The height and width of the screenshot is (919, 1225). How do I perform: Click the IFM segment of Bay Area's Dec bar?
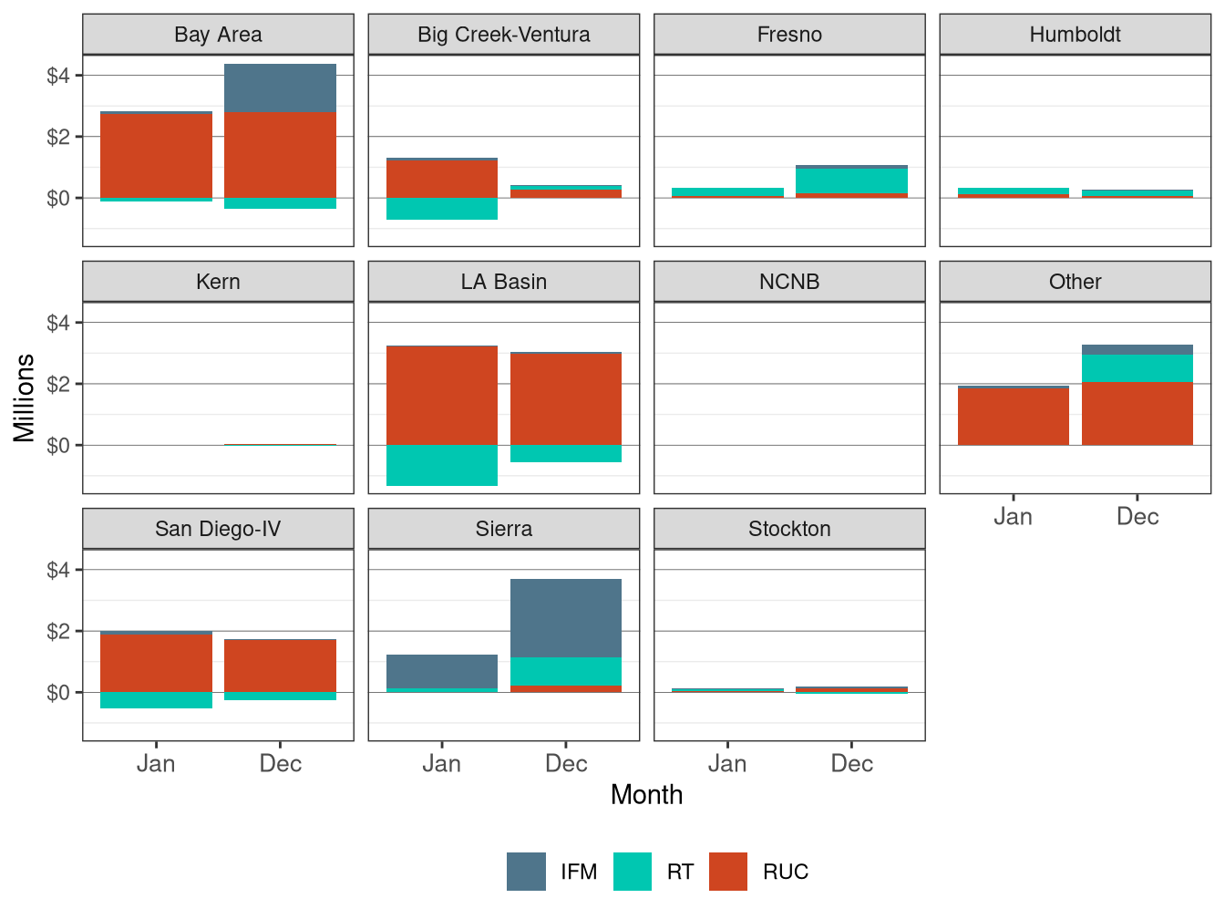point(280,88)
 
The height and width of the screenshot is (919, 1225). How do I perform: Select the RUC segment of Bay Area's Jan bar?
point(156,156)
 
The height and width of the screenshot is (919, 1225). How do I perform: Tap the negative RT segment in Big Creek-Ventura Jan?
point(442,209)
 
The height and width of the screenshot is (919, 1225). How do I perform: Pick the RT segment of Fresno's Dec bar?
point(851,181)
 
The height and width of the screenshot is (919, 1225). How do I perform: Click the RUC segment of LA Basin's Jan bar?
point(442,395)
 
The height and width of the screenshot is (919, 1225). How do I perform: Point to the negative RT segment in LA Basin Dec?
point(566,453)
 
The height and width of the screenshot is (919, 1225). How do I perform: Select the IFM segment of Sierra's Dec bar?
point(566,618)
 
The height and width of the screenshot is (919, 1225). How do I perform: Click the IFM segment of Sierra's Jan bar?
point(442,671)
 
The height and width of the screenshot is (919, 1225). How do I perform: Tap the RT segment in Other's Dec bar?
point(1137,368)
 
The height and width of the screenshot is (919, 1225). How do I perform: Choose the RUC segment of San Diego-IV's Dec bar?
point(280,666)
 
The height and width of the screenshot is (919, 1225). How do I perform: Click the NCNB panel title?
point(789,282)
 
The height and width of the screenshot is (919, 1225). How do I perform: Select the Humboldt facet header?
point(1075,35)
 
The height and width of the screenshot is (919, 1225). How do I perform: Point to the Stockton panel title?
point(789,529)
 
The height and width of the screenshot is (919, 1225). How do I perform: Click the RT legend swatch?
point(633,872)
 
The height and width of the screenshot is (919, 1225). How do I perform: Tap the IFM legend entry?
point(578,872)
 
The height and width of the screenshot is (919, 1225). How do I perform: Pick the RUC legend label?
point(785,872)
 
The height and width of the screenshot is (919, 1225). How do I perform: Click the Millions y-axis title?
point(24,398)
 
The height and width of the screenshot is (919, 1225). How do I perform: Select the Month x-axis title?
point(646,795)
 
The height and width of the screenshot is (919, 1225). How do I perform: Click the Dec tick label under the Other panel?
point(1137,517)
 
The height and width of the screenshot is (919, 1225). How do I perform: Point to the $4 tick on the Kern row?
point(58,323)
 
